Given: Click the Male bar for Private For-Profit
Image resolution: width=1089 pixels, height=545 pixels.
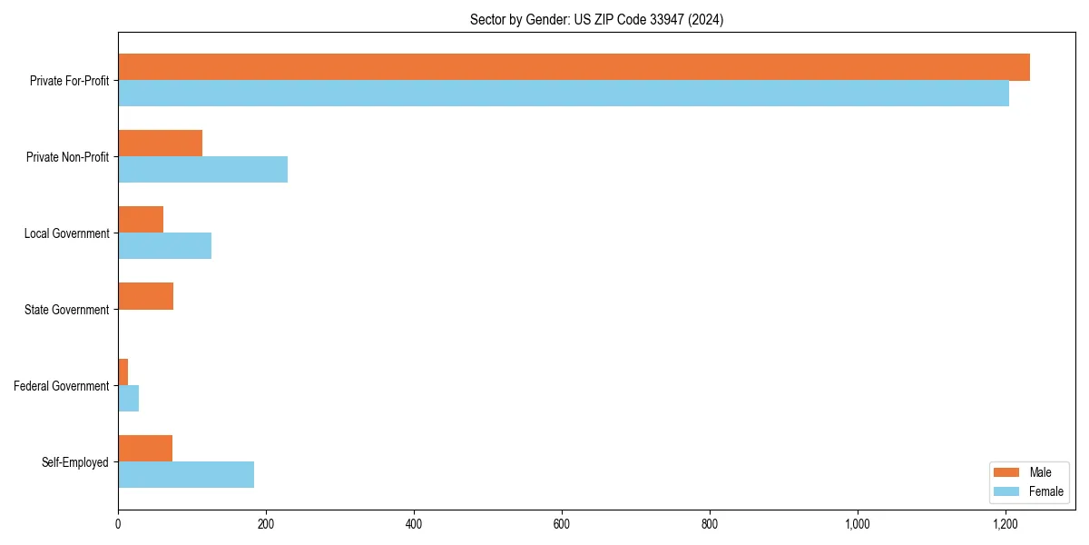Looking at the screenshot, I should click(x=574, y=67).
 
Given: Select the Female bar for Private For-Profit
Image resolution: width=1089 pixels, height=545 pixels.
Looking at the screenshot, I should click(x=563, y=94).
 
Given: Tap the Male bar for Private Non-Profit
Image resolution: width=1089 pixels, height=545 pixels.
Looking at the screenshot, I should click(x=160, y=144).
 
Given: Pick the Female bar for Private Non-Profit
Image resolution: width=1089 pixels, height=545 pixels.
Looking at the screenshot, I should click(x=202, y=170).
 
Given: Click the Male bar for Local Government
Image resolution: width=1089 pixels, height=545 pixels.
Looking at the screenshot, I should click(x=141, y=220).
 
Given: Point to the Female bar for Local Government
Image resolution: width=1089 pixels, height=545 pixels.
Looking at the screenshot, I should click(x=164, y=246).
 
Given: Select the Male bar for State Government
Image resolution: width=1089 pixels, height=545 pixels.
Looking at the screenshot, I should click(x=145, y=296).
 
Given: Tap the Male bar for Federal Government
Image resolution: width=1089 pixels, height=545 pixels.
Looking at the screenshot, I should click(x=123, y=372).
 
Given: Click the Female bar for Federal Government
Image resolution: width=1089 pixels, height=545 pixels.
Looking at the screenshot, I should click(x=128, y=399).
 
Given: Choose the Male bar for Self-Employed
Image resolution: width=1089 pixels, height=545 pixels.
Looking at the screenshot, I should click(x=145, y=449).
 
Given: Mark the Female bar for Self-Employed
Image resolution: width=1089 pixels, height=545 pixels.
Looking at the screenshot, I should click(x=186, y=475).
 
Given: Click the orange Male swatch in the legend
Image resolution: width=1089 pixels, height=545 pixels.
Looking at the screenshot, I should click(x=1007, y=472).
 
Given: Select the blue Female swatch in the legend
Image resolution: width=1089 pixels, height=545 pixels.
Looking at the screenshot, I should click(x=1007, y=491).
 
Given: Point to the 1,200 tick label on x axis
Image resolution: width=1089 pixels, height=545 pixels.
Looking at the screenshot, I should click(x=1006, y=524).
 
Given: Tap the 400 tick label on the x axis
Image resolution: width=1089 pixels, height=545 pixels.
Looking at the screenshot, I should click(x=414, y=524).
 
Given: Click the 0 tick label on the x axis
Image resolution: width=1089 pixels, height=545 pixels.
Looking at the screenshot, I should click(x=118, y=524).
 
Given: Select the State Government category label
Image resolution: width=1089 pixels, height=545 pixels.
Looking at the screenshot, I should click(x=66, y=310).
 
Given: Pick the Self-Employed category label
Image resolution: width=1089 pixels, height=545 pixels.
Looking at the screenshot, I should click(x=75, y=462).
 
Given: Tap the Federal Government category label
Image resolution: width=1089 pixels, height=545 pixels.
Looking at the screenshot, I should click(x=62, y=386).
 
